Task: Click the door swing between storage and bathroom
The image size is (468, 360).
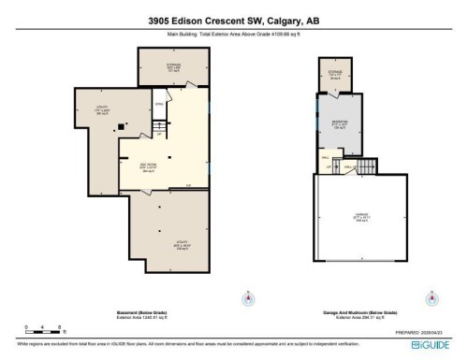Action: pyautogui.click(x=338, y=96)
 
